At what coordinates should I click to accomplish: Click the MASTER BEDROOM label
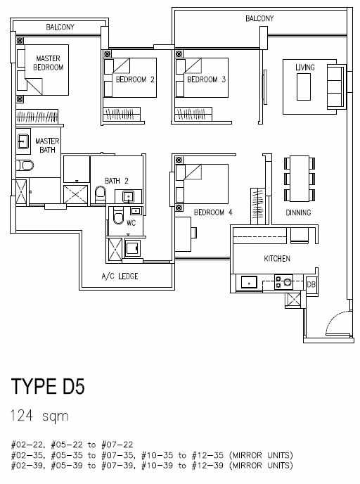pos(48,63)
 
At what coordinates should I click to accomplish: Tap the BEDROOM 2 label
pos(135,79)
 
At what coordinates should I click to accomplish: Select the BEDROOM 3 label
pos(207,79)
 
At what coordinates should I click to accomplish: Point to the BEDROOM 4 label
pos(212,212)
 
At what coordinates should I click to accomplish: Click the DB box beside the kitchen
pos(311,284)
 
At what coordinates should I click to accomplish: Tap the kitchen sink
pos(249,282)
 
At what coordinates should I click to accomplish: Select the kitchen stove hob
pos(284,282)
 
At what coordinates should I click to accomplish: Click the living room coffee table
pos(304,87)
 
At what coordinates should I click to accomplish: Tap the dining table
pos(300,178)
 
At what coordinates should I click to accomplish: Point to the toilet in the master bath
pos(25,165)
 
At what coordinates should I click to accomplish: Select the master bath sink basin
pos(23,141)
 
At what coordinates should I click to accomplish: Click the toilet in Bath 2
pos(101,194)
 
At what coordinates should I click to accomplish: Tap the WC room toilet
pos(118,216)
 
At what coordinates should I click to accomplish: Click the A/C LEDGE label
pos(120,276)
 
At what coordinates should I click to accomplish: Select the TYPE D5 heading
pos(48,386)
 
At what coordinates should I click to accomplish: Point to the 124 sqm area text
pos(39,416)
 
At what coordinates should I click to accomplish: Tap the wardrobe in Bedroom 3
pos(193,114)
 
